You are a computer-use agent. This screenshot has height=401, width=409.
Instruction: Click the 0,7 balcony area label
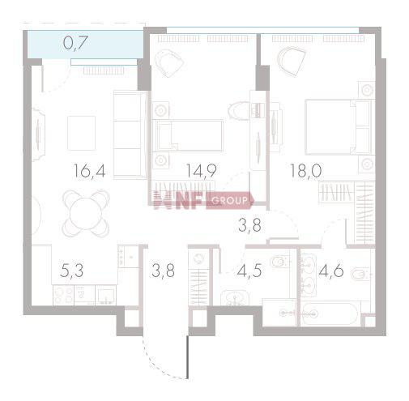point(75,43)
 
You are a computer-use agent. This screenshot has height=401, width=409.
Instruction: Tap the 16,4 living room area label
point(89,171)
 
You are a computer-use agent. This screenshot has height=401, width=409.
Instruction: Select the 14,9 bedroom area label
point(202,171)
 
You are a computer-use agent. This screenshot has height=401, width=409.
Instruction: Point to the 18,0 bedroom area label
point(305,171)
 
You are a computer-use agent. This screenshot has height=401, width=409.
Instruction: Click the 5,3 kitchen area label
point(71,271)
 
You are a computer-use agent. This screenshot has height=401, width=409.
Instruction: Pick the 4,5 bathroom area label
point(249,271)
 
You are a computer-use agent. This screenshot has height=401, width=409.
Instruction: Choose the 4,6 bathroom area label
point(331,271)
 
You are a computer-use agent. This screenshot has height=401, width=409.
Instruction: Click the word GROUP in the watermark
point(230,200)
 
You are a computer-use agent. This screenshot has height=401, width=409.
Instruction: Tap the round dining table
point(86,213)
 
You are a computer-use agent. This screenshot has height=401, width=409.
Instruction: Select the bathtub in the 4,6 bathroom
point(330,314)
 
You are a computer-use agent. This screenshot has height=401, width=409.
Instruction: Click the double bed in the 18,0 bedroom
point(339,127)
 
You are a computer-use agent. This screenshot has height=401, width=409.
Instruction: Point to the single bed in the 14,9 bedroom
point(188,135)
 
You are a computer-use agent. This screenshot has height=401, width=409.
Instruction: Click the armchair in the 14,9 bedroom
point(169,63)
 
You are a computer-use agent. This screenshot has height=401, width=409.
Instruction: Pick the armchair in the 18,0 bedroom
point(292,62)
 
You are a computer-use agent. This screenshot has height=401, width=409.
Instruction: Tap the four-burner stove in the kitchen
point(63,295)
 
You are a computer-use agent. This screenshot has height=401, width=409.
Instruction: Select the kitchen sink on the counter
point(106,296)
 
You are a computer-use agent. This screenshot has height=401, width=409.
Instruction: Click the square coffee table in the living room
point(81,133)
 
